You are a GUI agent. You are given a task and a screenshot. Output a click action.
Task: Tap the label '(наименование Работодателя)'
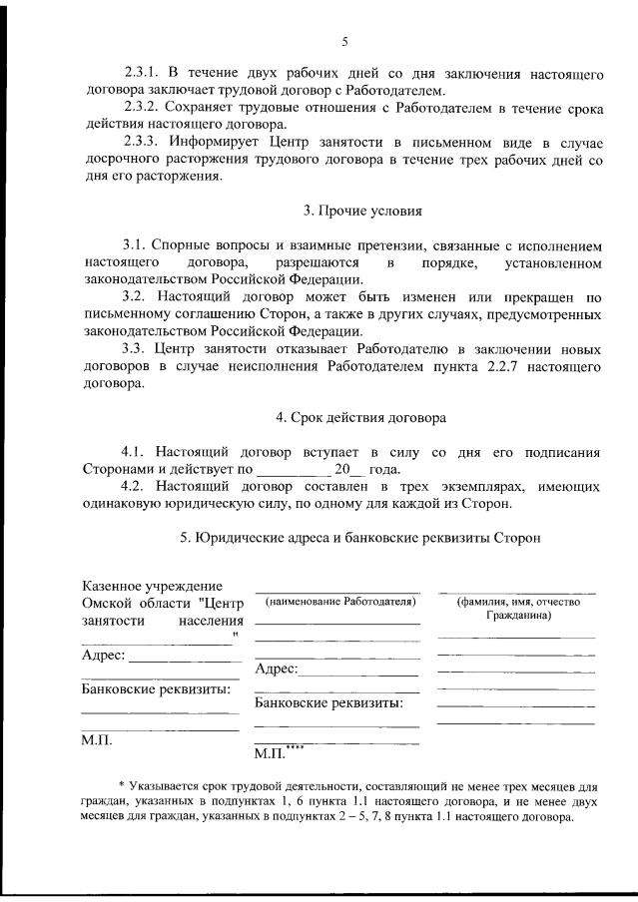pyautogui.click(x=338, y=603)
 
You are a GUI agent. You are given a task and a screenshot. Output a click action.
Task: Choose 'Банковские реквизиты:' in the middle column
pyautogui.click(x=329, y=703)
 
